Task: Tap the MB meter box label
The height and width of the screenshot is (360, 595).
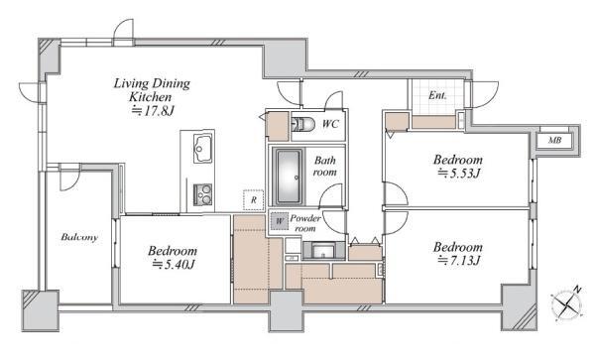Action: tap(554, 141)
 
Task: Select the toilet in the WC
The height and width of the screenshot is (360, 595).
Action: tap(302, 124)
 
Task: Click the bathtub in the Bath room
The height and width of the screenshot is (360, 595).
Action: tap(290, 177)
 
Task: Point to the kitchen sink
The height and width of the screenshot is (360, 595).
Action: tap(202, 149)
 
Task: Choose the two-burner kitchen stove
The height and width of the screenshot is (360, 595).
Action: tap(202, 194)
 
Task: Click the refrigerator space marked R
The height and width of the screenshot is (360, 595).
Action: tap(253, 199)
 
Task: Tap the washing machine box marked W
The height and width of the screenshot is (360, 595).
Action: tap(280, 221)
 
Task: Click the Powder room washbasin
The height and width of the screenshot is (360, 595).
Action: tap(323, 251)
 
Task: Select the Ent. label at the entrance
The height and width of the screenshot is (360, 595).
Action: tap(437, 95)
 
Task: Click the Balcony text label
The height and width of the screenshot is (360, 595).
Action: tap(79, 237)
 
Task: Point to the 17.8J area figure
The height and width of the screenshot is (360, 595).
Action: tap(153, 111)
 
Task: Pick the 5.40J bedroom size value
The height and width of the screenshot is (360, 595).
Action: tap(174, 265)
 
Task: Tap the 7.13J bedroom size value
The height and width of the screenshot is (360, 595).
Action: tap(459, 261)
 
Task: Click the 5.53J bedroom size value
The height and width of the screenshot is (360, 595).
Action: tap(459, 174)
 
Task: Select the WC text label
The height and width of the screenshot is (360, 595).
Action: tap(330, 124)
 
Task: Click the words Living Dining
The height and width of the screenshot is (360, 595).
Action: tap(152, 84)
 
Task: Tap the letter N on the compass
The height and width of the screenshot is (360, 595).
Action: tap(577, 290)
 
